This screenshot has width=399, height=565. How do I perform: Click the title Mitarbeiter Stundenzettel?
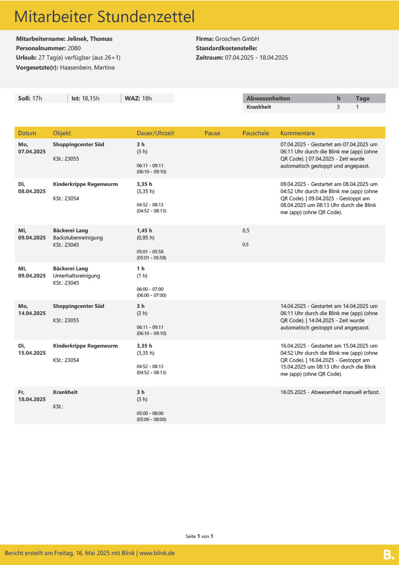[x=104, y=17]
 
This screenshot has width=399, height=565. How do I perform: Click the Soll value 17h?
[x=37, y=99]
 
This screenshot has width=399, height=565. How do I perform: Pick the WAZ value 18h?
[x=146, y=99]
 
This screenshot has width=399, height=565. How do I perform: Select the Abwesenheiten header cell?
[x=268, y=99]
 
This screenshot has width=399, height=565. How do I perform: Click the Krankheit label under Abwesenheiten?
[x=258, y=107]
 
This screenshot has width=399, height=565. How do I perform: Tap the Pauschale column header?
[x=255, y=133]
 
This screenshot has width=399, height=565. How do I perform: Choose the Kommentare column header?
[x=298, y=133]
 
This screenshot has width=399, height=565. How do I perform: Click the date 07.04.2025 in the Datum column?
[x=32, y=151]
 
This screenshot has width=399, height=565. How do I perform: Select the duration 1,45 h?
[x=144, y=231]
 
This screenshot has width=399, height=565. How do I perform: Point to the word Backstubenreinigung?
[x=78, y=238]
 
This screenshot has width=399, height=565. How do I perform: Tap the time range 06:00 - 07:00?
[x=150, y=289]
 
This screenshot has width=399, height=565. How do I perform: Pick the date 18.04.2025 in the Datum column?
[x=32, y=399]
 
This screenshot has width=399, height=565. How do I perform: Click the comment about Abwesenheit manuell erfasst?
[x=330, y=392]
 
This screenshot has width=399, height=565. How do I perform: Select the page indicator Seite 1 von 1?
[x=199, y=536]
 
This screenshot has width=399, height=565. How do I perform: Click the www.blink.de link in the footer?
[x=157, y=553]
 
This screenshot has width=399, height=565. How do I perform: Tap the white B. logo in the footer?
[x=388, y=554]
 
